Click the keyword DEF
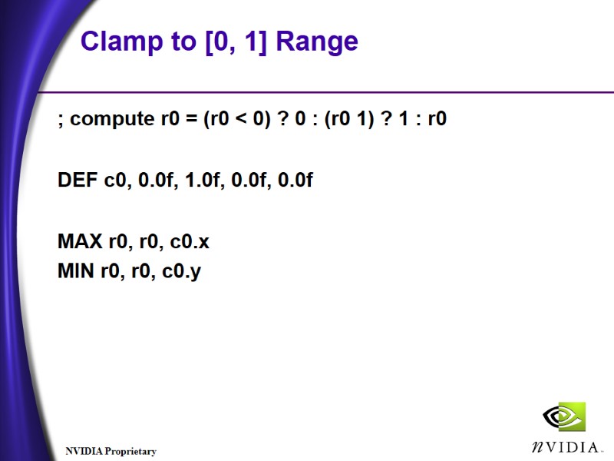78,181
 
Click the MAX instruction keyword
81,242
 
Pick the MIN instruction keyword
77,271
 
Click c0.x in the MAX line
190,242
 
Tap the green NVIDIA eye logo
564,417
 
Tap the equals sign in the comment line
190,120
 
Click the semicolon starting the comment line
61,121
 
